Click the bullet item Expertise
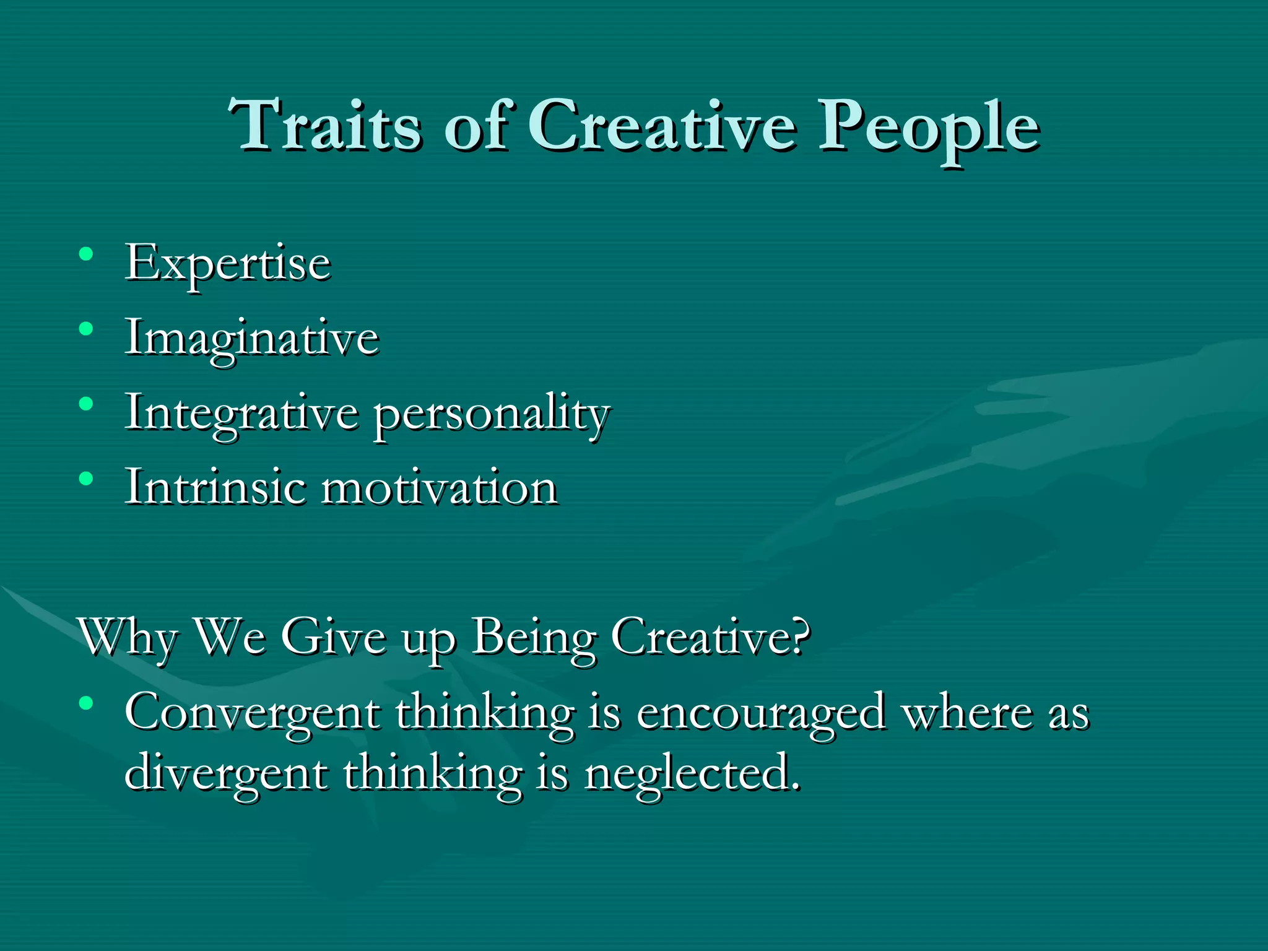click(228, 264)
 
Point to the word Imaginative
click(251, 339)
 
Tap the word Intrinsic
click(215, 487)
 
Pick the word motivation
click(440, 487)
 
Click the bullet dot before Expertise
click(86, 254)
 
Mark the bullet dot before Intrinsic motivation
click(86, 478)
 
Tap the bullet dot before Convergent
click(86, 703)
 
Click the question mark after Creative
click(799, 635)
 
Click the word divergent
click(225, 774)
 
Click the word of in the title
click(478, 125)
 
